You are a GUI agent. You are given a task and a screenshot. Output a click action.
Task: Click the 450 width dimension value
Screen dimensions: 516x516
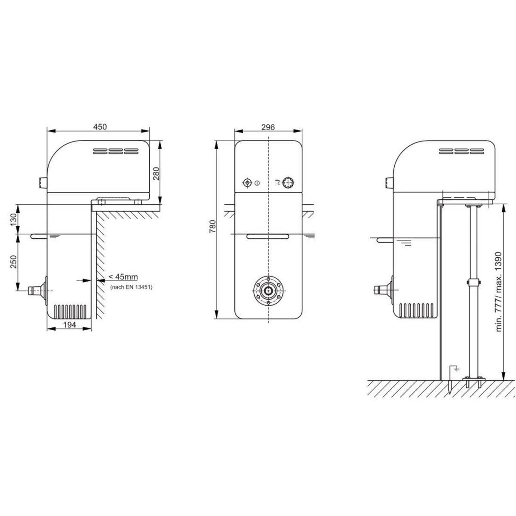point(100,126)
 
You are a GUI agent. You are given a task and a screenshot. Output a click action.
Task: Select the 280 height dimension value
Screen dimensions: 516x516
point(156,174)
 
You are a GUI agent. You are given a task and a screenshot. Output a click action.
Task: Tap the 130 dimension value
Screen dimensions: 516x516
point(13,220)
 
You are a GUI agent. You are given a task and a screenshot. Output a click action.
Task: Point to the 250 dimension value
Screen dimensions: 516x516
point(13,261)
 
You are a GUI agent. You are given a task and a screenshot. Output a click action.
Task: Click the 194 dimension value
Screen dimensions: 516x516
point(70,325)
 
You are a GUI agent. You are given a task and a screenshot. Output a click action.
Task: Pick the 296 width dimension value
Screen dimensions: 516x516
point(268,127)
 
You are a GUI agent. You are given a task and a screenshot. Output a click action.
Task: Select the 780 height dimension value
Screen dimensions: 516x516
point(212,227)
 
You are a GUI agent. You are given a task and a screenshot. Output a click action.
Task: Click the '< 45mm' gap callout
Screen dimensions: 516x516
point(123,276)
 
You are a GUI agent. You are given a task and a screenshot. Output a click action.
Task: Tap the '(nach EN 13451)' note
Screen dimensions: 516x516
point(131,287)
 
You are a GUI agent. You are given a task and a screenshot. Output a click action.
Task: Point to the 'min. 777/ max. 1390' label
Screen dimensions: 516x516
point(498,292)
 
